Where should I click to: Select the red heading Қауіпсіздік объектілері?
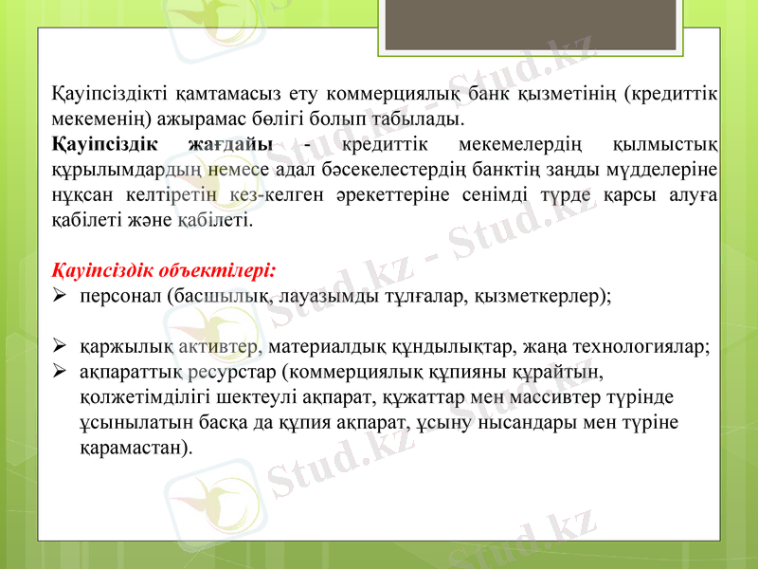pyautogui.click(x=164, y=270)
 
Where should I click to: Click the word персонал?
pyautogui.click(x=120, y=296)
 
